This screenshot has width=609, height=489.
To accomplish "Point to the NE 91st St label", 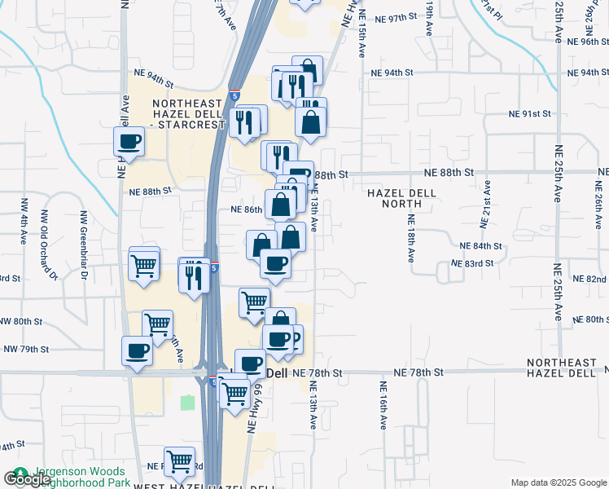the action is point(530,114).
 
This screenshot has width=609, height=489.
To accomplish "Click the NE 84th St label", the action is point(480,246).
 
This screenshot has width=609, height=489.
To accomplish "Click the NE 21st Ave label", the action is point(487,201).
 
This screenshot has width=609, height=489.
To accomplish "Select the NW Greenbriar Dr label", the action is point(84,245).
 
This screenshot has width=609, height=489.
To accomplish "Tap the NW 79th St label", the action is point(27,349).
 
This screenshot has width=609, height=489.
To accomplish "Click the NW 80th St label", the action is point(21,322).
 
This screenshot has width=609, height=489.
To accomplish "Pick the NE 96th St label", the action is point(588,41).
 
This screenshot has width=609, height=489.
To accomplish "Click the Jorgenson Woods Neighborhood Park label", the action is point(78,478).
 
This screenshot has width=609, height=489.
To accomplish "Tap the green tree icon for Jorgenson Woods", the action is point(18,473).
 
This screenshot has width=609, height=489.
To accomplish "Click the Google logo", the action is point(27,479).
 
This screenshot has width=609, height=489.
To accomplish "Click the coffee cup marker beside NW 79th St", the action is point(136,351).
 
